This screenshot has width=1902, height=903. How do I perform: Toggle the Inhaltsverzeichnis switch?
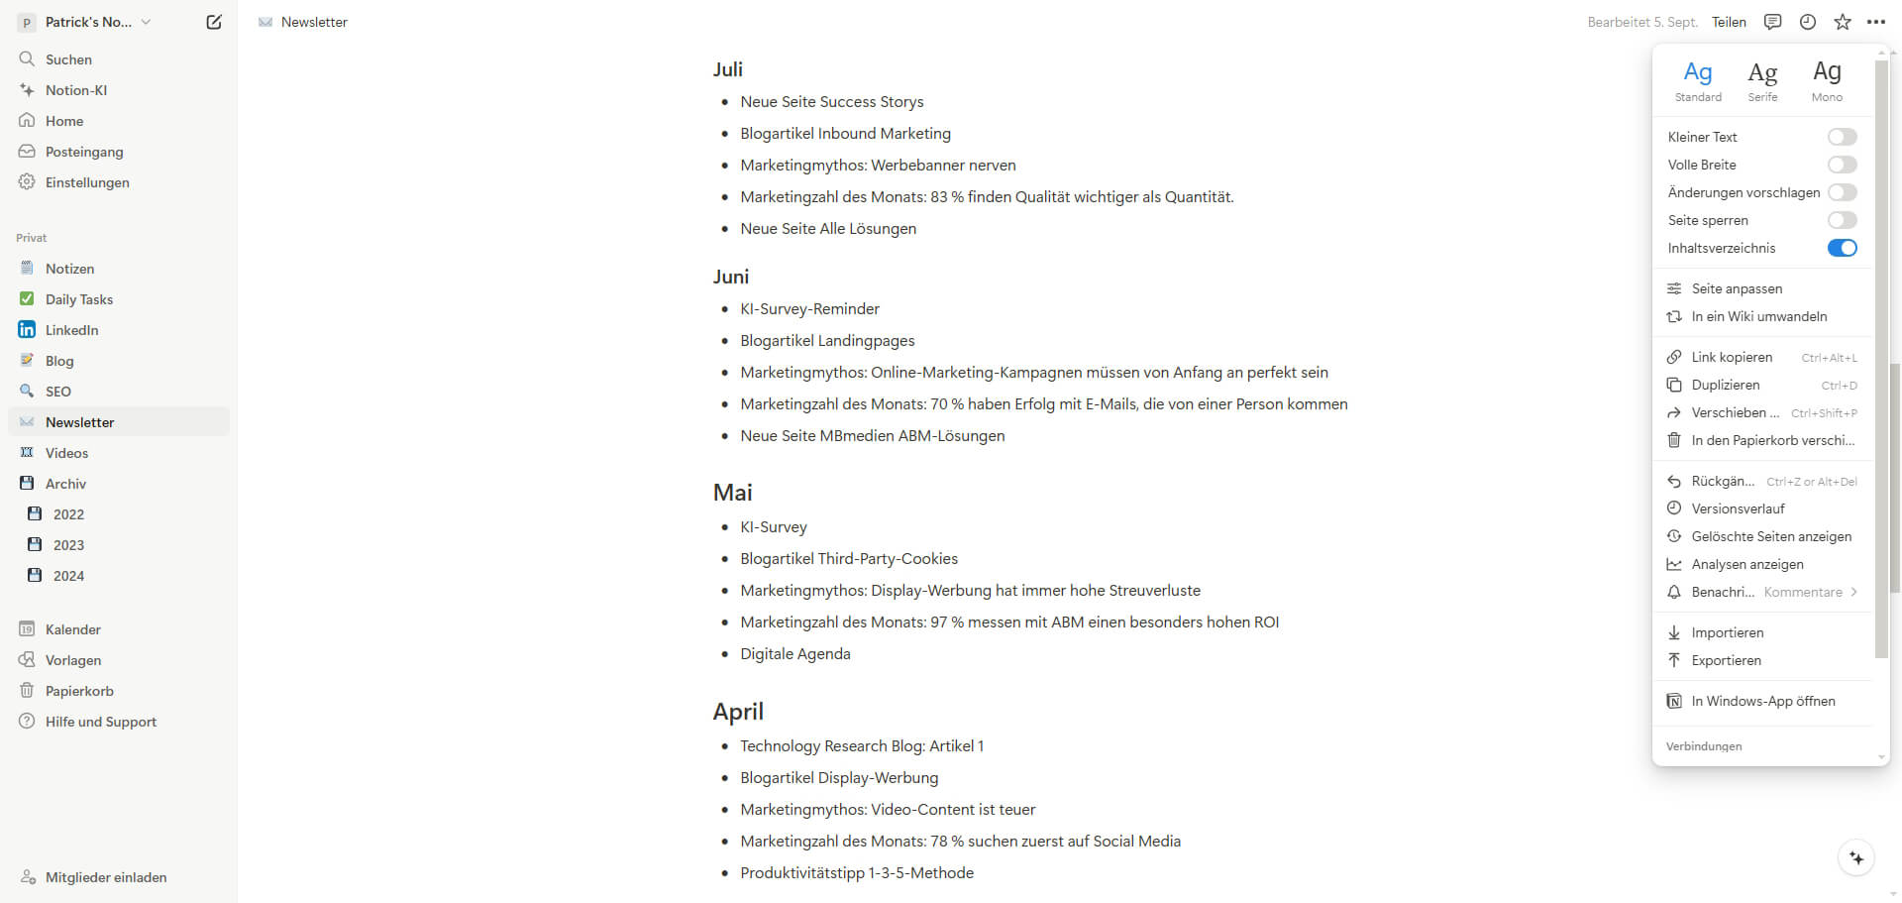coord(1842,248)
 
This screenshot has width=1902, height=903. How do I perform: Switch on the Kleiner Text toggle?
coord(1842,137)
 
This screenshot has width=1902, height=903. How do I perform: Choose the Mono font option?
coord(1827,79)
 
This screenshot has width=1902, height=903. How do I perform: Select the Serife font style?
coord(1762,79)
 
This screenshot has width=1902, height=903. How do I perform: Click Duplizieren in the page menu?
coord(1726,385)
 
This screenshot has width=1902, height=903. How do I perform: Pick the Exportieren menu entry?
coord(1726,660)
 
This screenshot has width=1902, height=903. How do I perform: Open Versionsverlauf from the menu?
coord(1738,508)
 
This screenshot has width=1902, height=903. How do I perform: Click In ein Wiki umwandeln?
coord(1758,316)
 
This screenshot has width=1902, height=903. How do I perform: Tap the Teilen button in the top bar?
coord(1729,22)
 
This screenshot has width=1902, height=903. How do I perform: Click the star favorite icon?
coord(1843,22)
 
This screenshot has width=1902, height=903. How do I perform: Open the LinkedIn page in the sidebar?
coord(71,330)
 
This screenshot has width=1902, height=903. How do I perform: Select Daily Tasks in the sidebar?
coord(79,299)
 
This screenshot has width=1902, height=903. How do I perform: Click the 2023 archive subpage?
coord(68,545)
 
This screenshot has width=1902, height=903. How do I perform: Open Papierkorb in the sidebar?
coord(79,691)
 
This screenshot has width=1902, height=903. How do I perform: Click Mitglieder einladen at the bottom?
coord(106,877)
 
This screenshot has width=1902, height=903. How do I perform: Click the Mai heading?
coord(733,493)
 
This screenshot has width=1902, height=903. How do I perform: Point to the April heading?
coord(738,712)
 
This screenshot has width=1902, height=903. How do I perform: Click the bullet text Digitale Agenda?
coord(795,654)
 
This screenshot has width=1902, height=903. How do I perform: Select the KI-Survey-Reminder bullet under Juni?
coord(809,309)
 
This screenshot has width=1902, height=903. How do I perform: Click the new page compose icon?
coord(214,22)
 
